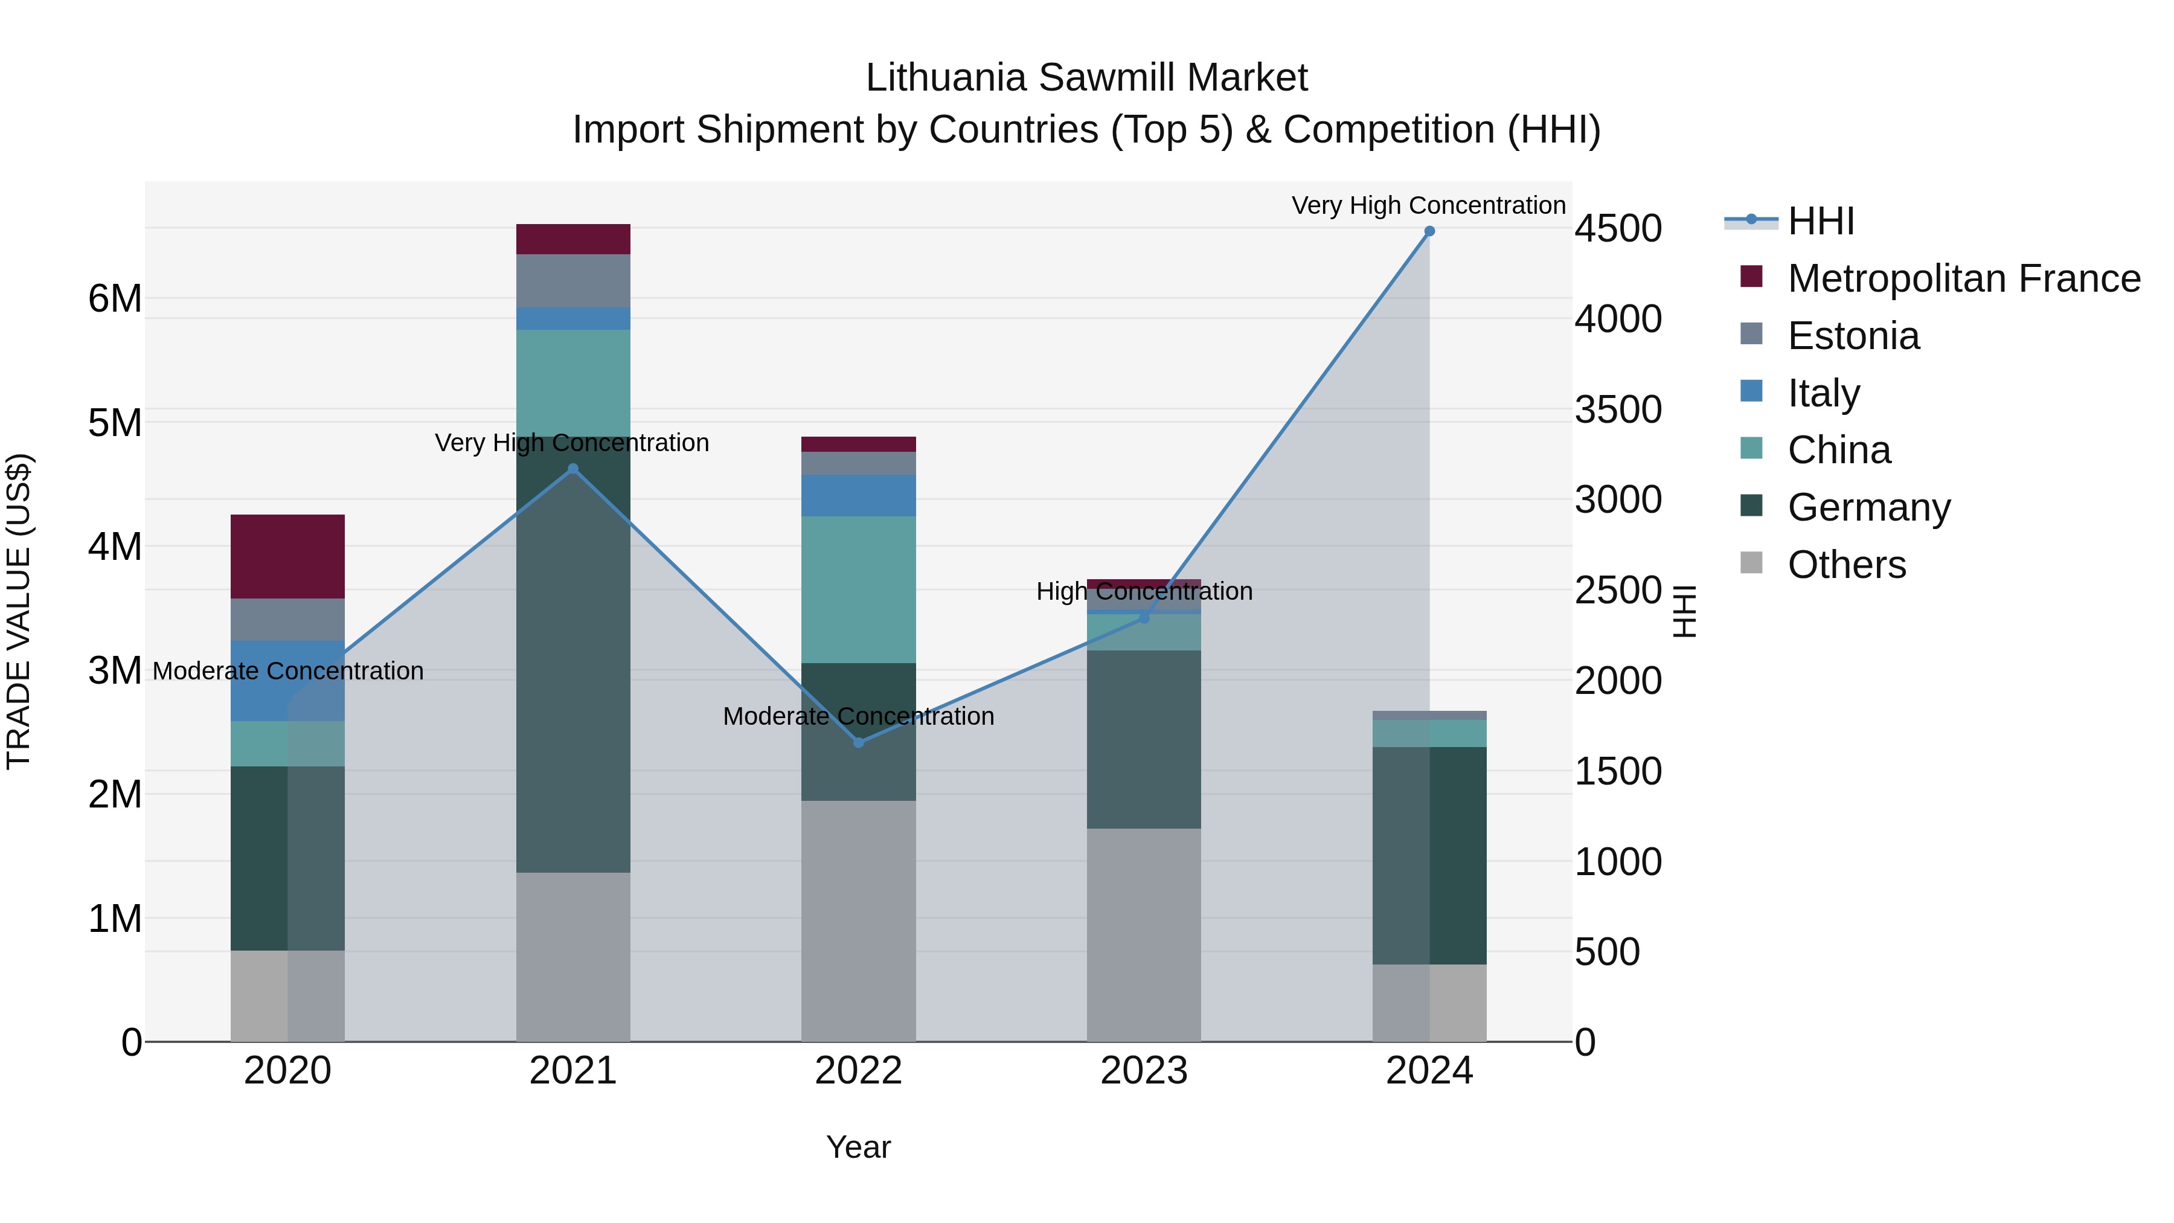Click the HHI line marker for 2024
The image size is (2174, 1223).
(1429, 231)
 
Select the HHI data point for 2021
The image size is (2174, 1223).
(573, 469)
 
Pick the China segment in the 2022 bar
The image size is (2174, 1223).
(858, 589)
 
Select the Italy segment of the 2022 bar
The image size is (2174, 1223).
(858, 495)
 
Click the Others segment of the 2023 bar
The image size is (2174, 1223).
(1144, 934)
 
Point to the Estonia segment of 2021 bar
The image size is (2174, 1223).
(573, 281)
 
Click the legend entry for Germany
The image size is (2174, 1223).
(1868, 507)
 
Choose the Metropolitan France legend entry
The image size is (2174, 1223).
(1963, 278)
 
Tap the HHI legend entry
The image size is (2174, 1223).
(1820, 221)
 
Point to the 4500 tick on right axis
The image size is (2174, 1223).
(1618, 229)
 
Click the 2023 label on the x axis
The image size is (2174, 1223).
(1144, 1071)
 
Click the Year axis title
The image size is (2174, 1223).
(858, 1147)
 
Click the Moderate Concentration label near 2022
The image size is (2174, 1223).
(858, 716)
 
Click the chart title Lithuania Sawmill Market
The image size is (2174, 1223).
(1086, 78)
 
